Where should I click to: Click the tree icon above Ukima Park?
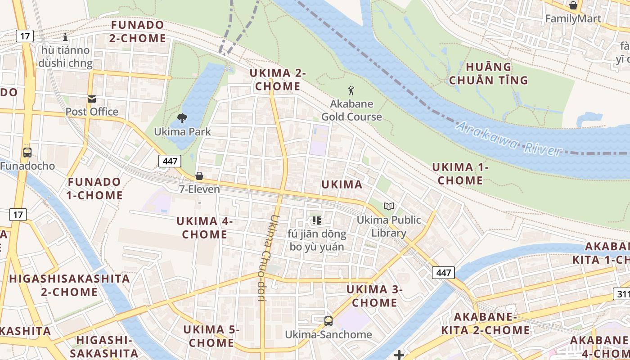pyautogui.click(x=182, y=118)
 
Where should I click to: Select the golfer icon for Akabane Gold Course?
pyautogui.click(x=351, y=90)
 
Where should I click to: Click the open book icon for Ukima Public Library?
pyautogui.click(x=389, y=206)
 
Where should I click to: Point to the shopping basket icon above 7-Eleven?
pyautogui.click(x=199, y=176)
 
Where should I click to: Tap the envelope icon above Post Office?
pyautogui.click(x=92, y=99)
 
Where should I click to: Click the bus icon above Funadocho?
pyautogui.click(x=27, y=152)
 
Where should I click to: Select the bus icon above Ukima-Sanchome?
pyautogui.click(x=328, y=321)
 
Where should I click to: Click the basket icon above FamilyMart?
pyautogui.click(x=573, y=5)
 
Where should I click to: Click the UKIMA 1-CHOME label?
pyautogui.click(x=460, y=174)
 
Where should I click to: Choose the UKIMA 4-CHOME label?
pyautogui.click(x=205, y=228)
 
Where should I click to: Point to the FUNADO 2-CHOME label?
pyautogui.click(x=138, y=31)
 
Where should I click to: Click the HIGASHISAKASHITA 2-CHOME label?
pyautogui.click(x=69, y=285)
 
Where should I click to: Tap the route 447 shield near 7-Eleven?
pyautogui.click(x=170, y=161)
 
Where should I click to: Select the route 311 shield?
pyautogui.click(x=622, y=294)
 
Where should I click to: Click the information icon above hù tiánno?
pyautogui.click(x=66, y=37)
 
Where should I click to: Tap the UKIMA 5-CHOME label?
pyautogui.click(x=211, y=336)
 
